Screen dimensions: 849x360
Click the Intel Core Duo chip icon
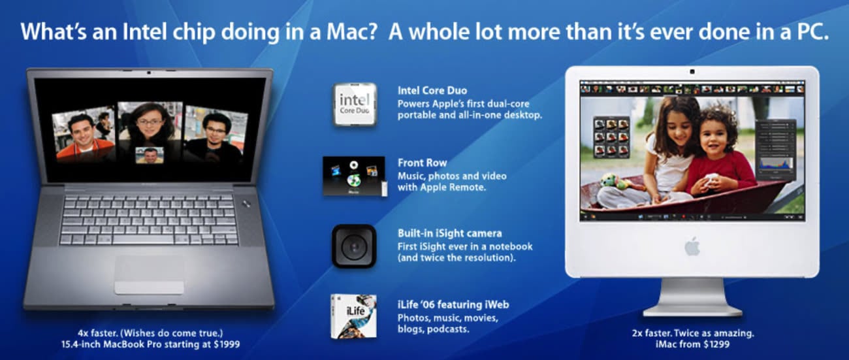tap(355, 105)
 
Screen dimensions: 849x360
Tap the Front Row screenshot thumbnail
tap(354, 176)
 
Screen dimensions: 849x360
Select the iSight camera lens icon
tap(354, 246)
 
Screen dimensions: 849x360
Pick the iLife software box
tap(353, 316)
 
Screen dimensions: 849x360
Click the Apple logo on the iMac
tap(692, 246)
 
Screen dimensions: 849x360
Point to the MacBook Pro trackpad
tap(150, 274)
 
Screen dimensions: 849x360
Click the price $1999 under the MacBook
tap(227, 344)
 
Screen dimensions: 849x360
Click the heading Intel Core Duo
tap(432, 91)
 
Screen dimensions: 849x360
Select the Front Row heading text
tap(423, 163)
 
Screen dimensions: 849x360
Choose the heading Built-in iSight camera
tap(449, 233)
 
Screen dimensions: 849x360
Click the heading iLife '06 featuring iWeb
tap(453, 304)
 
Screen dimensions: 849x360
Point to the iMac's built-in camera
tap(692, 72)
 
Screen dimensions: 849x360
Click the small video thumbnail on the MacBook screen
tap(150, 155)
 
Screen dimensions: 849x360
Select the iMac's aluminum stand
tap(692, 297)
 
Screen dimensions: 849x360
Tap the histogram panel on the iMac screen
tap(775, 166)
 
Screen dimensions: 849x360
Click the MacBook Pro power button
tap(246, 204)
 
